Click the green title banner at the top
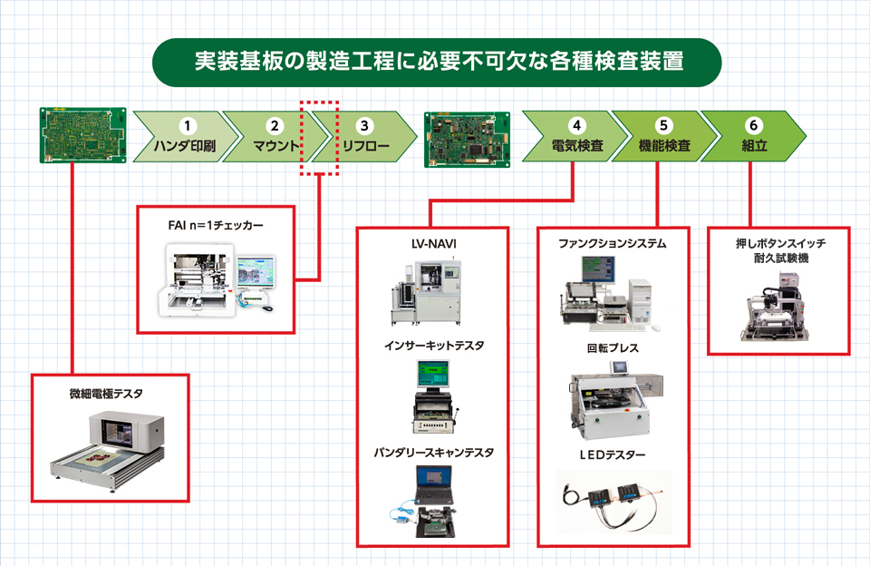[x=437, y=63]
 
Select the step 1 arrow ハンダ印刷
[x=186, y=137]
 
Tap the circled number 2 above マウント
[x=275, y=125]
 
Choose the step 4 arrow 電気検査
[x=575, y=136]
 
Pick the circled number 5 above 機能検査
[x=663, y=125]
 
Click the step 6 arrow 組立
[x=753, y=136]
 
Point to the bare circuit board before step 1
[x=82, y=135]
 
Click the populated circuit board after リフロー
[x=468, y=140]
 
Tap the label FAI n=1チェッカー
[x=216, y=225]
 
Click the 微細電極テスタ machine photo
[x=108, y=450]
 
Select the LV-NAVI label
[x=433, y=244]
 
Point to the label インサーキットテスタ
[x=434, y=346]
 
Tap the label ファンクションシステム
[x=612, y=243]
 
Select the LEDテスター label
[x=612, y=455]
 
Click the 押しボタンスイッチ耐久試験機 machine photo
[x=775, y=307]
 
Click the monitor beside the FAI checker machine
[x=256, y=272]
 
